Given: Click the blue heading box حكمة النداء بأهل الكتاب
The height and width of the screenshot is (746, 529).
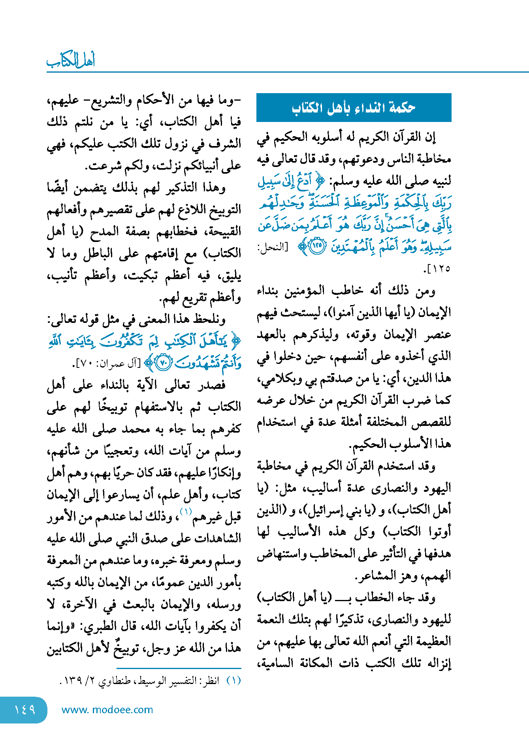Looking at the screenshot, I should tap(354, 107).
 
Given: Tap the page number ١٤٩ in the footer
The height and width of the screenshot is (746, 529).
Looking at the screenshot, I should tap(24, 710).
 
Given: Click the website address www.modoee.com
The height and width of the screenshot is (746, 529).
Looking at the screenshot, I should tap(107, 710).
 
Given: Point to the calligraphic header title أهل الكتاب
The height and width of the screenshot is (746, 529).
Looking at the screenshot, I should tap(71, 60).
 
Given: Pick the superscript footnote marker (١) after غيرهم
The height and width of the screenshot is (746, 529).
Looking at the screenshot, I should tap(186, 512).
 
